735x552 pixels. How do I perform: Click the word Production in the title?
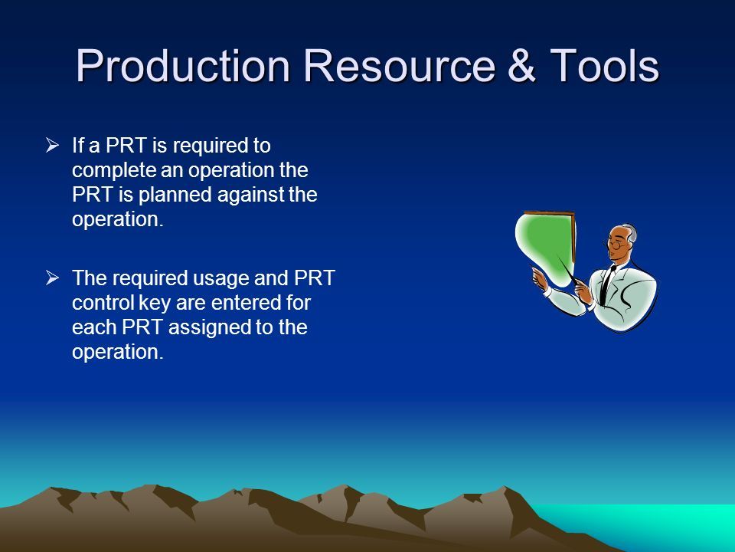coord(183,66)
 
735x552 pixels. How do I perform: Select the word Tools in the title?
coord(604,66)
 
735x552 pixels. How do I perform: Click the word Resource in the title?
coord(400,66)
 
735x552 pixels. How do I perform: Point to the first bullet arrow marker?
coord(52,145)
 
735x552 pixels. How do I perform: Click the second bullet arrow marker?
coord(52,278)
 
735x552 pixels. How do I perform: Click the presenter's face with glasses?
coord(618,243)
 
